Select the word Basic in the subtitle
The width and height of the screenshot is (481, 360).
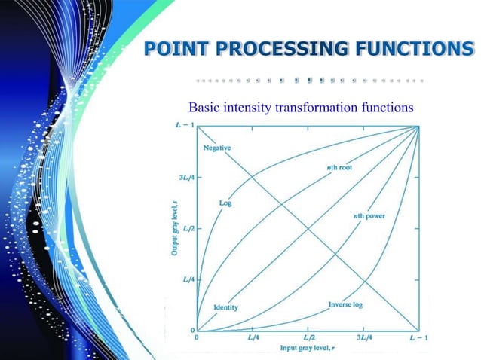pos(203,108)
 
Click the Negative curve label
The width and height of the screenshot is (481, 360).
pos(218,148)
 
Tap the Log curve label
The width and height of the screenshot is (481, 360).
pos(225,203)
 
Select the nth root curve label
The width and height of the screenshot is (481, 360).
pos(340,168)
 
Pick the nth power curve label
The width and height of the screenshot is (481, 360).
pos(369,217)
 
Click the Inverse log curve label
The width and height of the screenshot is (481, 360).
pos(345,305)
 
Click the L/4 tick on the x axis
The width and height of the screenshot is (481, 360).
pos(253,338)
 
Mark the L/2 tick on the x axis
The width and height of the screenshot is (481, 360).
pos(308,338)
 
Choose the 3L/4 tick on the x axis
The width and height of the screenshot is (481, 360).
pos(363,338)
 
